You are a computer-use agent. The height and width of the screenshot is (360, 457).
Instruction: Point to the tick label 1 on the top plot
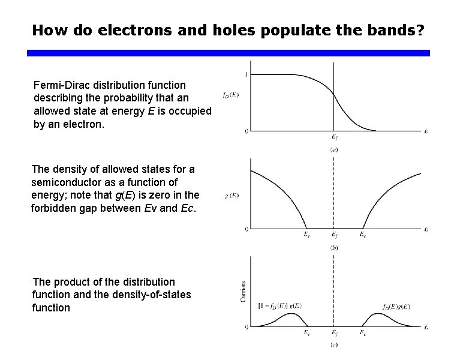[245, 74]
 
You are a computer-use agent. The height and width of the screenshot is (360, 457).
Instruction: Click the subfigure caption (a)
[334, 149]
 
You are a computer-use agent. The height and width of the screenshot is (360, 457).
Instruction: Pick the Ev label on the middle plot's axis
[306, 235]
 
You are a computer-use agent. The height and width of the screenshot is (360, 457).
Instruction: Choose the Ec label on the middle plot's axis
[363, 235]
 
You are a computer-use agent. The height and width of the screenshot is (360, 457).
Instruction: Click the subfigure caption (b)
[334, 247]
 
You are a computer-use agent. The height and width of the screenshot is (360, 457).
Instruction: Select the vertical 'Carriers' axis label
[243, 290]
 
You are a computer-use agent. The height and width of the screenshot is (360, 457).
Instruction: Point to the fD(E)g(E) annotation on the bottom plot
[395, 307]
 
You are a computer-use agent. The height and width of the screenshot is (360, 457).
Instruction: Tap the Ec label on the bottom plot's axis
[363, 332]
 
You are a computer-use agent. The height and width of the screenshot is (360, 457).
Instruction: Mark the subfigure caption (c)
[334, 345]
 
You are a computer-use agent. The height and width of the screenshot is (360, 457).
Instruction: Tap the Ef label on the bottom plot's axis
[334, 332]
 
